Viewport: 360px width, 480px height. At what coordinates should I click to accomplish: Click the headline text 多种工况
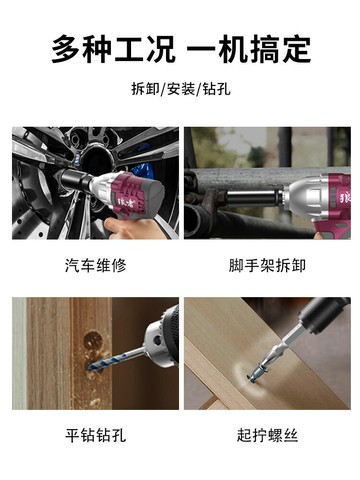point(113,49)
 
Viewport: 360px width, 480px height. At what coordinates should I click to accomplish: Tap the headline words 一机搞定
point(249,49)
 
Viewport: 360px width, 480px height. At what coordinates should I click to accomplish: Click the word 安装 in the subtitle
point(181,89)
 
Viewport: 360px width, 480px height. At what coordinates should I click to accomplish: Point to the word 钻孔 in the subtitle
point(217,89)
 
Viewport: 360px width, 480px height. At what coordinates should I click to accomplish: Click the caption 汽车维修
point(96,266)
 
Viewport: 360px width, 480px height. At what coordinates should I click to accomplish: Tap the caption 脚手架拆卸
point(267,266)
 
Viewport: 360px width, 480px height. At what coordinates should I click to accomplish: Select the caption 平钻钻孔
point(96,435)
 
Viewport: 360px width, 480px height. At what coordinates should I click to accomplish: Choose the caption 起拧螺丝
point(267,435)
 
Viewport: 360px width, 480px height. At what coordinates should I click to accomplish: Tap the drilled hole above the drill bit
point(93,340)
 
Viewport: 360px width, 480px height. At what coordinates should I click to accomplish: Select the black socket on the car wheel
point(76,179)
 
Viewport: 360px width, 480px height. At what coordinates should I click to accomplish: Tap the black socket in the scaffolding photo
point(254,197)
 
